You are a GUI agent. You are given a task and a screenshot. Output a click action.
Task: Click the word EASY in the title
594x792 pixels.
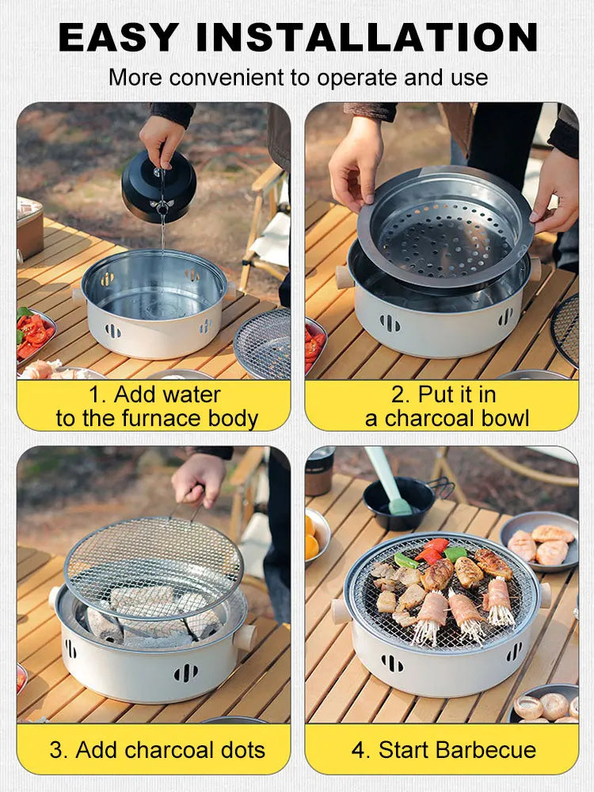[127, 37]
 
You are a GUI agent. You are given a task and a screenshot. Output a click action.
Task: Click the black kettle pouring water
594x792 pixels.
[158, 186]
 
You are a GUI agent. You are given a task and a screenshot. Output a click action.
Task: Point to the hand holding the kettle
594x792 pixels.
[162, 139]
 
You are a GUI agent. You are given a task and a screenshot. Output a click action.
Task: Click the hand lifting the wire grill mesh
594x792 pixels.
[199, 480]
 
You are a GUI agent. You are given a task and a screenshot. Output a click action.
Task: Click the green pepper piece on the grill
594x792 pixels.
[406, 561]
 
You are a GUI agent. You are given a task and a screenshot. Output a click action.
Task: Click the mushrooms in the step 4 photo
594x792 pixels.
[546, 705]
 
